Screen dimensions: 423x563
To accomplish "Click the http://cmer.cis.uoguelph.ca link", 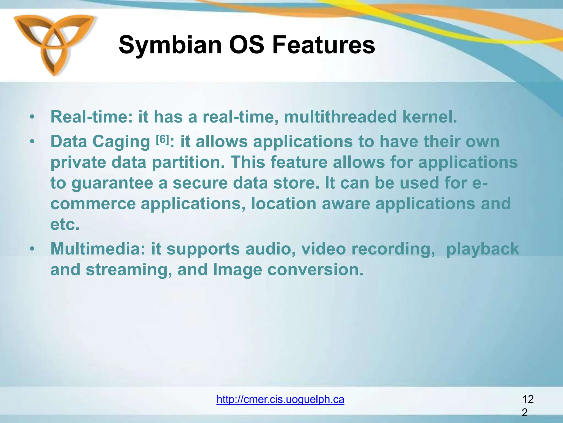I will (x=280, y=399).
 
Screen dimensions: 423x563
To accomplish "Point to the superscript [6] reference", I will (x=162, y=140).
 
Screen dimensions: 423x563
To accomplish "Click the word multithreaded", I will (x=340, y=117).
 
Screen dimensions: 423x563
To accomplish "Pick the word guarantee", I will (x=112, y=183).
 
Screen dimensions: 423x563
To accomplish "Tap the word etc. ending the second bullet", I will (x=65, y=224).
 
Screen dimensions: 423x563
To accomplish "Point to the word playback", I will (x=482, y=249).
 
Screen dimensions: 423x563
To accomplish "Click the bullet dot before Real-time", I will (x=32, y=117).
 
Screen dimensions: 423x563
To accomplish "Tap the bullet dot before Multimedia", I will (x=32, y=249).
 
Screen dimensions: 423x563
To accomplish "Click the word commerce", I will (x=93, y=204).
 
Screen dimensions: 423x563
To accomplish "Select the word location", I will (x=283, y=204).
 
